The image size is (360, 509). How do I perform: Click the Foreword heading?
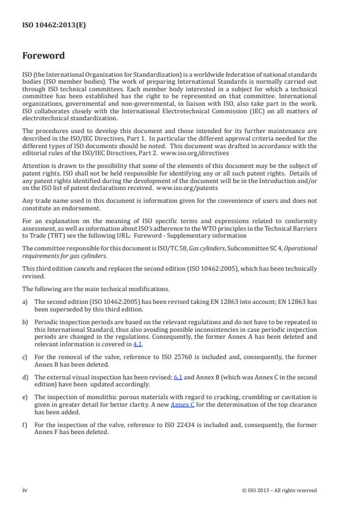pyautogui.click(x=44, y=56)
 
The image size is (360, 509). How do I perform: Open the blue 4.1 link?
pyautogui.click(x=138, y=345)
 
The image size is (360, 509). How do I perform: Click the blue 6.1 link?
pyautogui.click(x=178, y=377)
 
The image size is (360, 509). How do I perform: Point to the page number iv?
pyautogui.click(x=24, y=490)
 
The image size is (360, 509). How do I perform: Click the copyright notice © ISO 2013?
pyautogui.click(x=279, y=490)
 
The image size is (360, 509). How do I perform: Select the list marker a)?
pyautogui.click(x=25, y=302)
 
